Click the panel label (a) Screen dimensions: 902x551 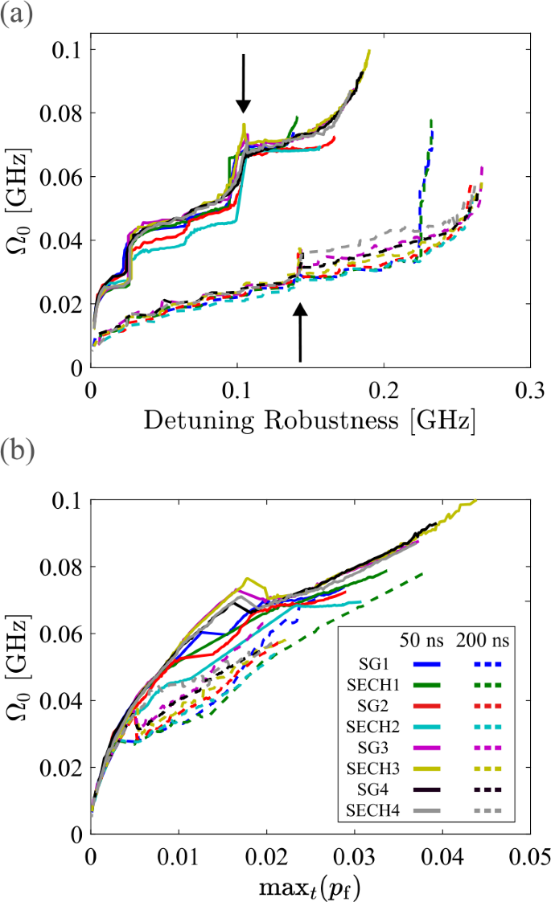(x=15, y=14)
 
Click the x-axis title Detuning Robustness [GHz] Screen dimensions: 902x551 (x=309, y=420)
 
